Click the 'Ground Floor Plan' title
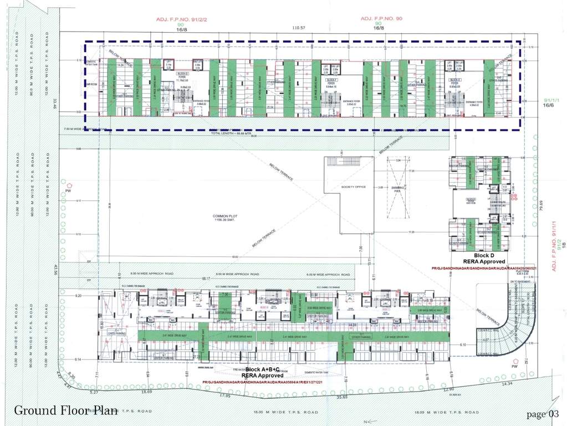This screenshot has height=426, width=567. [65, 410]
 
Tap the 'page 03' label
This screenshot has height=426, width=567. [543, 414]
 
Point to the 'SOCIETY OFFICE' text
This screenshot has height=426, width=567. [355, 187]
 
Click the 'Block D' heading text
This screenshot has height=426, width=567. [485, 255]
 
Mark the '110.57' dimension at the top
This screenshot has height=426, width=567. [299, 28]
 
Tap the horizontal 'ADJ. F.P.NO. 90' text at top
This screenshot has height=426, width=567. [379, 18]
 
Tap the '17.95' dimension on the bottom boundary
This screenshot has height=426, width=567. [224, 395]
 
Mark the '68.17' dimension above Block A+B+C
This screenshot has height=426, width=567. [206, 278]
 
